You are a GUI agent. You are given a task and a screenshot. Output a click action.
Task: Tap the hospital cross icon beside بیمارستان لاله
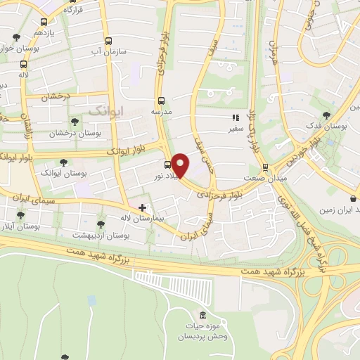[x=143, y=207]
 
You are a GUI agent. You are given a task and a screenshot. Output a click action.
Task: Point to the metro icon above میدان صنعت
[x=265, y=167]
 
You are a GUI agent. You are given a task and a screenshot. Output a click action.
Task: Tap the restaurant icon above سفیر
[x=235, y=118]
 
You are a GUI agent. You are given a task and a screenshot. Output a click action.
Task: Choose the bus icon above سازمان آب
[x=108, y=41]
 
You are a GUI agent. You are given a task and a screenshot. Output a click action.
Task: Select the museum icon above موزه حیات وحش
[x=202, y=314]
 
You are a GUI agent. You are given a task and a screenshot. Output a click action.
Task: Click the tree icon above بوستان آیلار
[x=20, y=216]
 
